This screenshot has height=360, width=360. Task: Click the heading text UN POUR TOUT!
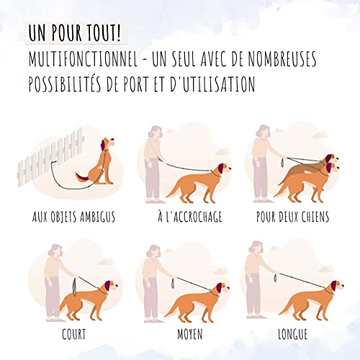tap(75, 33)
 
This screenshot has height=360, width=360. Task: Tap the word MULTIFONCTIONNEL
tap(83, 59)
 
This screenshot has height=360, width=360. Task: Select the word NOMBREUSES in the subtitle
tap(282, 59)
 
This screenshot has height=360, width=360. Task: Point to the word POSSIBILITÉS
tap(65, 84)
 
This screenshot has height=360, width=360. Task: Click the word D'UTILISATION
tap(212, 84)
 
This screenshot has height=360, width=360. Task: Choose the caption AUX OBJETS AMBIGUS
tap(73, 217)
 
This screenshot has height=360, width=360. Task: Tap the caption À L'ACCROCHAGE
tap(189, 216)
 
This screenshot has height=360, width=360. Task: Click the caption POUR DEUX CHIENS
tap(292, 217)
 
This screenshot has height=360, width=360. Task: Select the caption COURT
tap(73, 334)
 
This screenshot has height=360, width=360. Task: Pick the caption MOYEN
tap(190, 334)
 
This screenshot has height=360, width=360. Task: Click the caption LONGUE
tap(292, 334)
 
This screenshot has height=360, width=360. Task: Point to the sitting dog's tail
tap(81, 177)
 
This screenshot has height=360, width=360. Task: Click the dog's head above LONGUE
tap(336, 287)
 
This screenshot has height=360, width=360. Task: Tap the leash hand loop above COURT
tap(75, 287)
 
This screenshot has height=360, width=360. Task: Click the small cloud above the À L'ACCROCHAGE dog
tap(222, 152)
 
